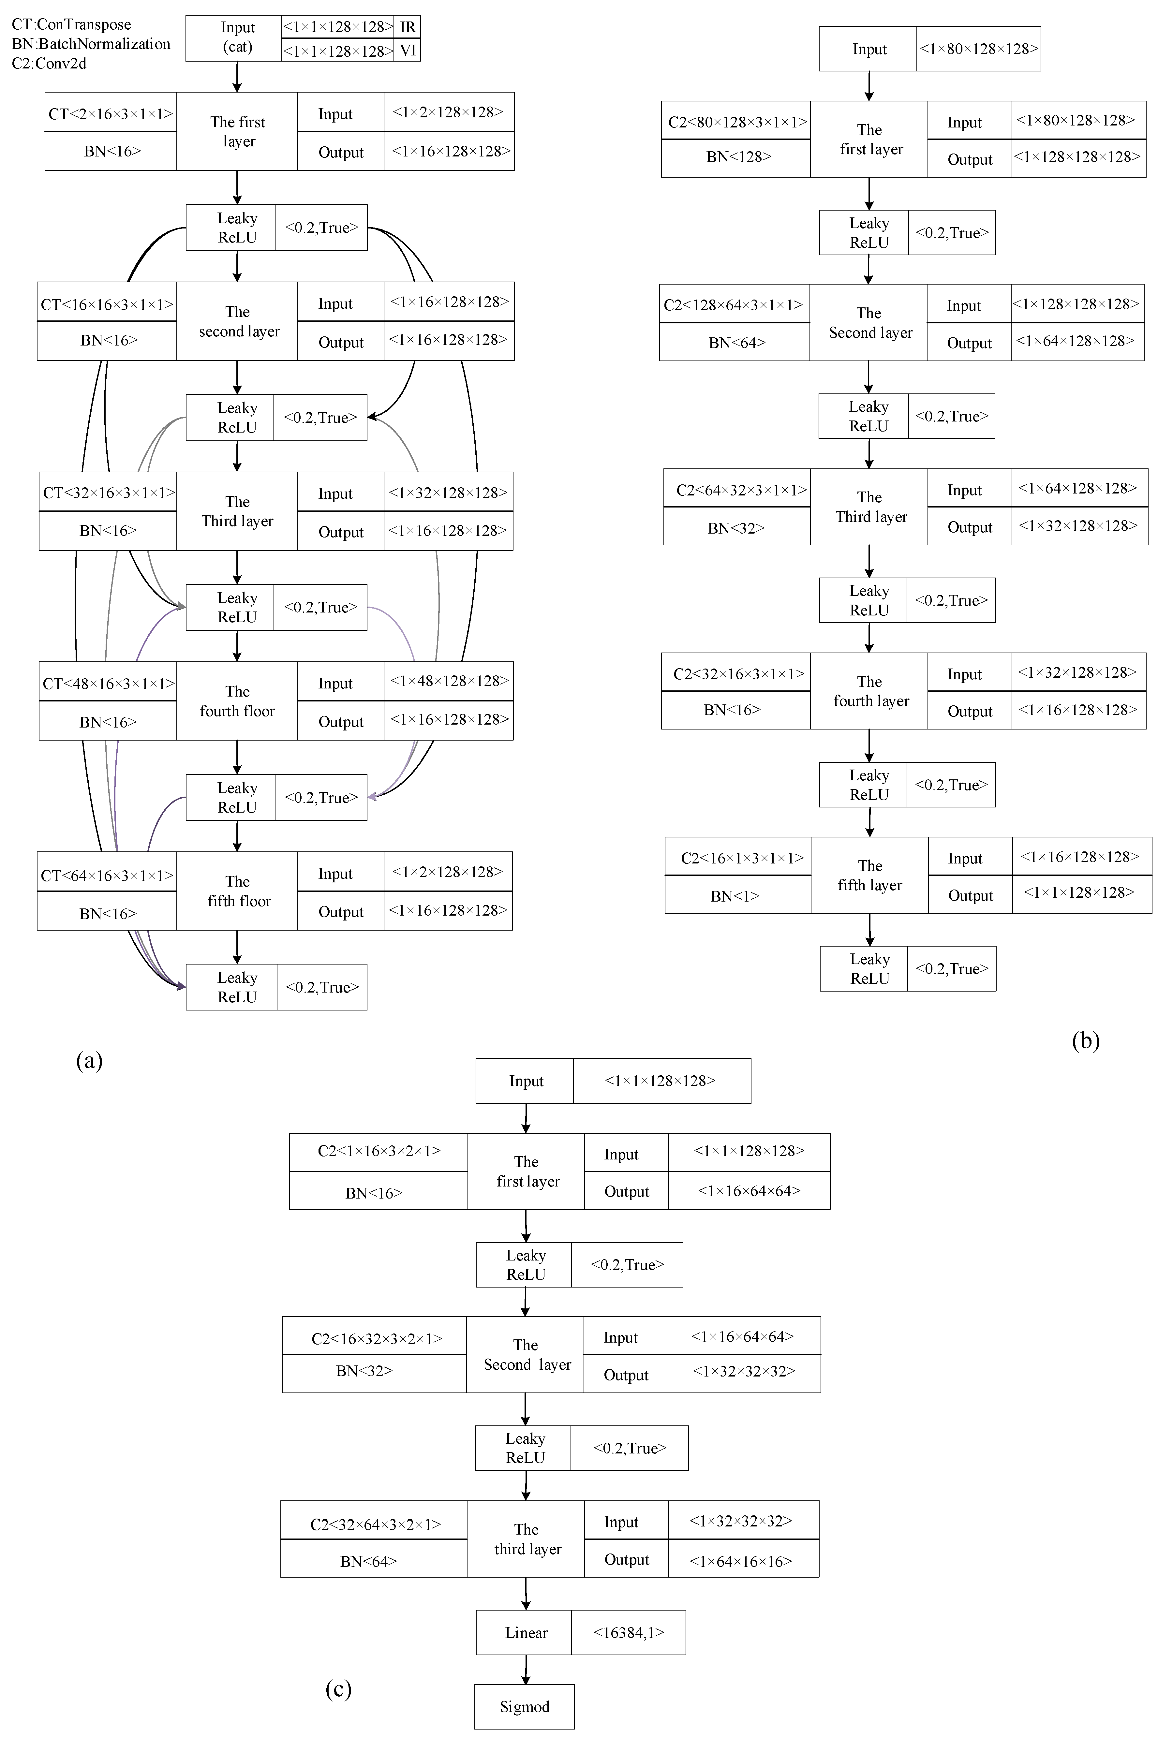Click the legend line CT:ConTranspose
[72, 25]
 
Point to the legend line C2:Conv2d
[49, 64]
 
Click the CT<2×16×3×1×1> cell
[111, 114]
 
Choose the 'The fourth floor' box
[237, 701]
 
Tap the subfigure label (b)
[1085, 1040]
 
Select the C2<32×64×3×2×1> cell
[375, 1524]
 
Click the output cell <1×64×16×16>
[741, 1561]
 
